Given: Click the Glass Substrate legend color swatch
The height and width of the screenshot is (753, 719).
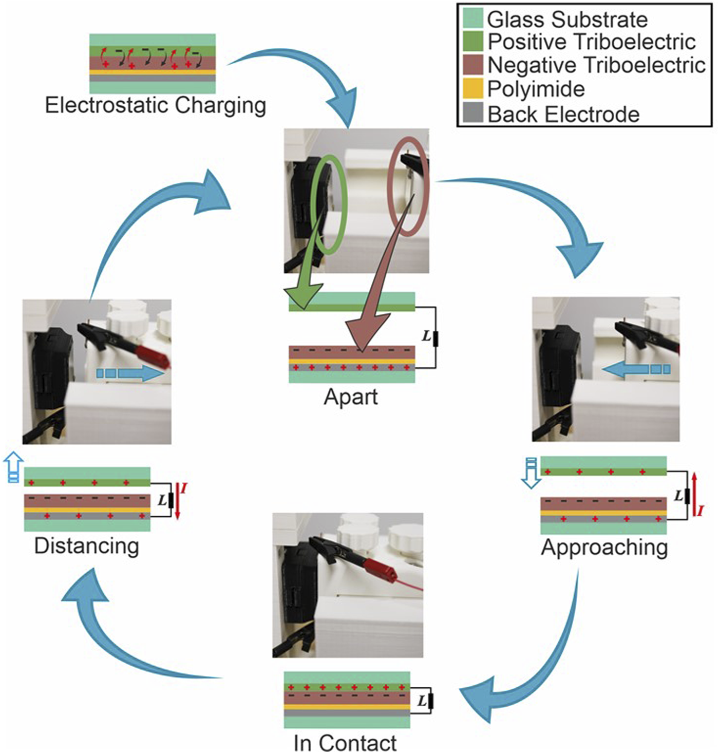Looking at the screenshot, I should pos(472,18).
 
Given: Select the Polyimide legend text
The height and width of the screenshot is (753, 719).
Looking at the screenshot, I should pos(536,89).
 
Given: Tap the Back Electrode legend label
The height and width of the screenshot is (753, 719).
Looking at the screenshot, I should pos(563,114).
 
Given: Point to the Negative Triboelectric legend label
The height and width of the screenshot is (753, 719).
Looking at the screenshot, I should pos(596,65).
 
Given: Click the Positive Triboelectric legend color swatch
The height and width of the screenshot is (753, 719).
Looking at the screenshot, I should pos(472,42).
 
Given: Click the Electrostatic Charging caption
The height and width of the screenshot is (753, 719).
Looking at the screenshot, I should pos(156,105).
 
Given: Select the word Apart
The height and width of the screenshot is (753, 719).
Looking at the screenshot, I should pos(351,397).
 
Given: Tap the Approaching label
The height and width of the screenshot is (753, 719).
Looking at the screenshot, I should pos(604,548).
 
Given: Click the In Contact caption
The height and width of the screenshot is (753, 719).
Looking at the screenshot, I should pos(345,743).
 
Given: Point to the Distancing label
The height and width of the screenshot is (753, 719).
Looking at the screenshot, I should pos(86,545).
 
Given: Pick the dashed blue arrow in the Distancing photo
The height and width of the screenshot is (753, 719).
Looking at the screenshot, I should pos(130,373).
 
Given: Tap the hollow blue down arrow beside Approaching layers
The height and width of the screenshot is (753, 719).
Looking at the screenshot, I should pos(531,473).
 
